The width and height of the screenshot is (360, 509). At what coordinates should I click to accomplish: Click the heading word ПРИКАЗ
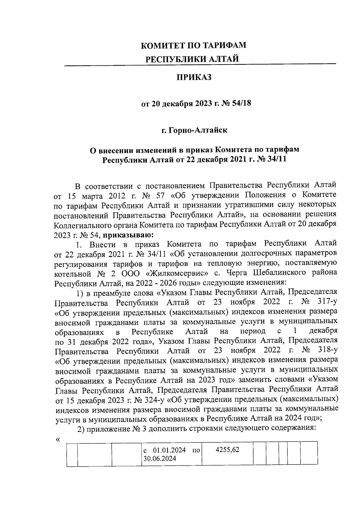[193, 77]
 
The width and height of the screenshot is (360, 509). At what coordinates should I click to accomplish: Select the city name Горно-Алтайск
[197, 130]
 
